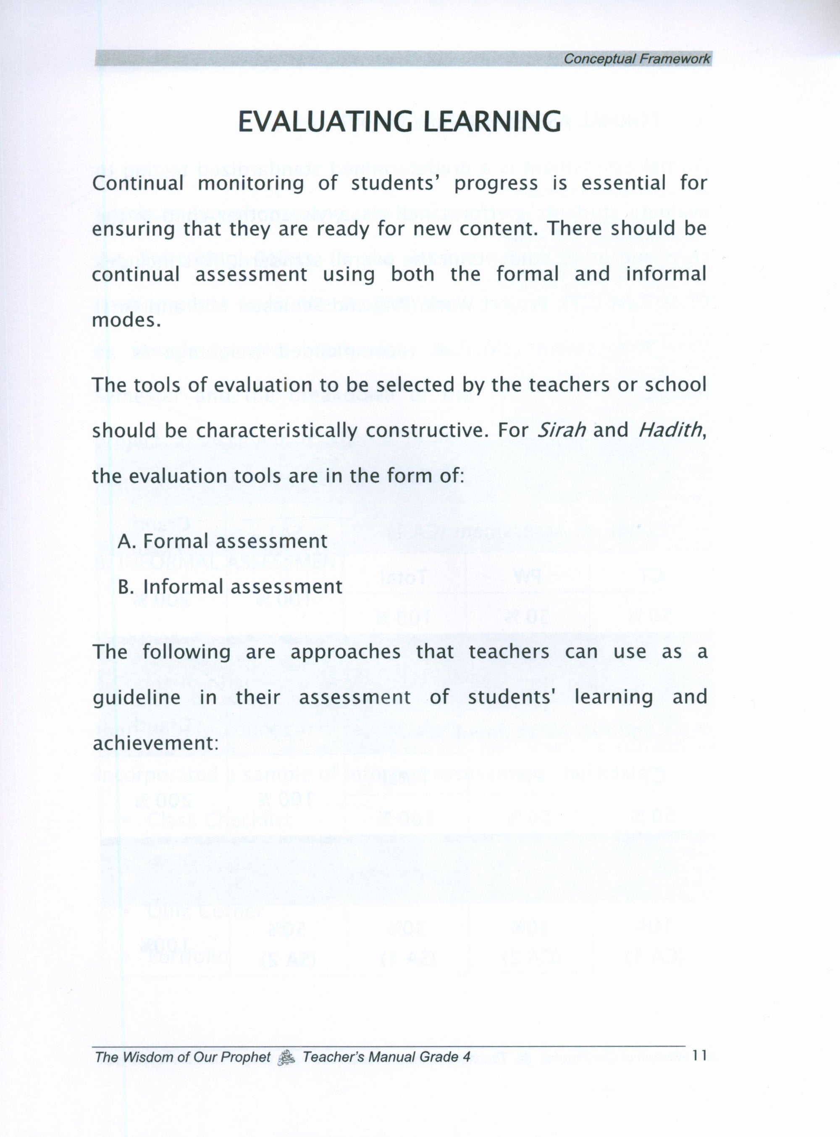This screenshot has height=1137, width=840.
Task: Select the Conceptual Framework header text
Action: (x=637, y=59)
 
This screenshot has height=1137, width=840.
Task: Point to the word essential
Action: (x=623, y=183)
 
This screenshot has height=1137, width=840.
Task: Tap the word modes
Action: (x=126, y=321)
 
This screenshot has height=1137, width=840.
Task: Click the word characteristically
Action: (x=277, y=431)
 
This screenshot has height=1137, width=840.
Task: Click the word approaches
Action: (x=345, y=652)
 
